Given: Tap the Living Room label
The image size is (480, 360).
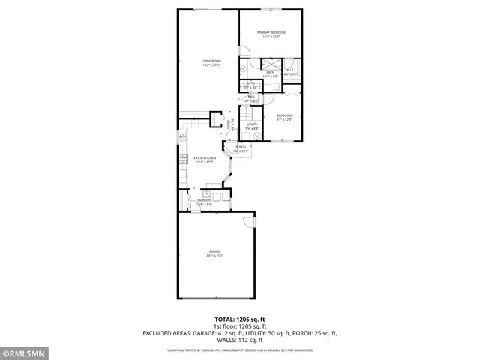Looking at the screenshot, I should click(x=211, y=61).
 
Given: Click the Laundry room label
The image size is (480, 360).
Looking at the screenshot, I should click(x=204, y=200).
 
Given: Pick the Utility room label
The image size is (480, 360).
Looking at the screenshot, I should click(x=253, y=124).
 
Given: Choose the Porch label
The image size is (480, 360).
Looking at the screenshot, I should click(x=241, y=148).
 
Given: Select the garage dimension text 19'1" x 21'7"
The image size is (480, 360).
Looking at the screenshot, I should click(x=215, y=255).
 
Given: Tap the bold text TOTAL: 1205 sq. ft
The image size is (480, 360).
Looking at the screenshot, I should click(x=240, y=319).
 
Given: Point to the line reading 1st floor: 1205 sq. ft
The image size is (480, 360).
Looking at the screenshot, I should click(x=240, y=325).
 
